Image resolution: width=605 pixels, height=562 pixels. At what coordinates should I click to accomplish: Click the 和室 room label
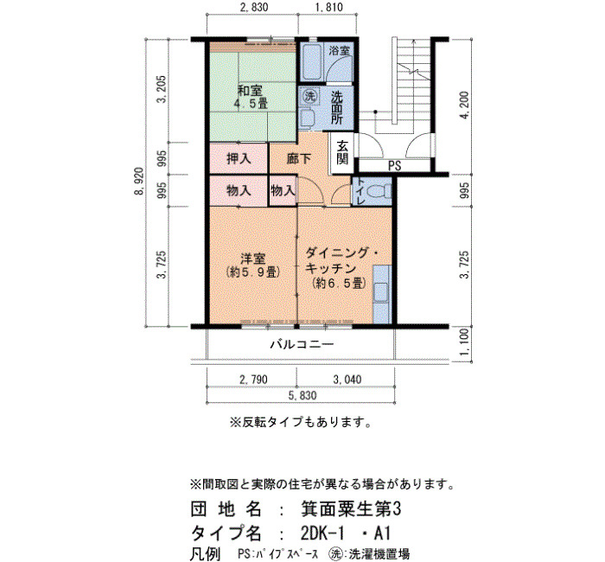point(250,91)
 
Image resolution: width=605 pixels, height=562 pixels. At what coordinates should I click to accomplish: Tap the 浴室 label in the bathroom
point(339,50)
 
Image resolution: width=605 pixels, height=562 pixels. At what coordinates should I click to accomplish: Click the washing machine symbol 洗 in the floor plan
point(309,96)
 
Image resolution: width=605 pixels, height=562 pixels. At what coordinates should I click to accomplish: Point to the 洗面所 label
point(336,108)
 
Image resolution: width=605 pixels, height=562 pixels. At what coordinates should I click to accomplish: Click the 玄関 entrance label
point(342,152)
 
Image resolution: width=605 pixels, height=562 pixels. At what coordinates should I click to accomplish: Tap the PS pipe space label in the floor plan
point(394,166)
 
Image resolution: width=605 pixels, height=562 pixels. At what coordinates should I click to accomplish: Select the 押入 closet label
point(239,158)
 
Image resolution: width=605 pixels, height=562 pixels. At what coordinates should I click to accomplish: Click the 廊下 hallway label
point(299,158)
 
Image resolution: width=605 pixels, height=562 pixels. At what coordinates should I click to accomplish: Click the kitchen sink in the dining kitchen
point(381,292)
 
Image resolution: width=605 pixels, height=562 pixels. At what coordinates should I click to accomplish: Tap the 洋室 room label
point(252,258)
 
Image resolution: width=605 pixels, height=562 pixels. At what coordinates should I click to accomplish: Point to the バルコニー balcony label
point(302,343)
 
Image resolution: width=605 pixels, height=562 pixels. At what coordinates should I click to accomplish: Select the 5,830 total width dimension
point(302,395)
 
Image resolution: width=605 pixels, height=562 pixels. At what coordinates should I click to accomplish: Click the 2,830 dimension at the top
point(253,7)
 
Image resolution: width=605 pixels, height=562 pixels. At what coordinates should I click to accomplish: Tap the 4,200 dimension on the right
point(466,105)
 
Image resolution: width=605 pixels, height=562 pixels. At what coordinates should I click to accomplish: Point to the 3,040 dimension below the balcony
point(347,380)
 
